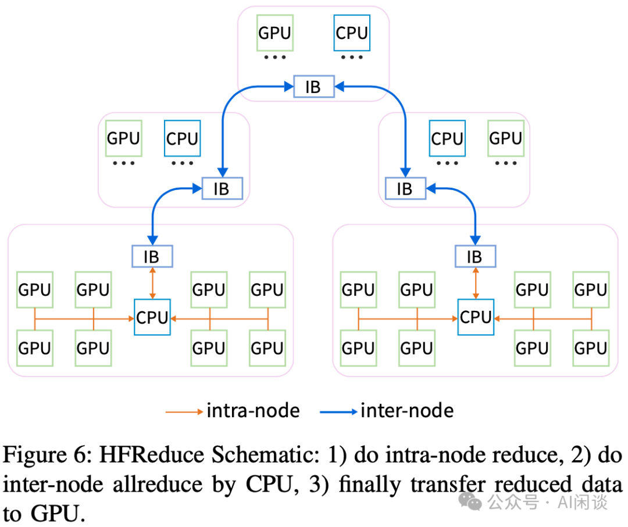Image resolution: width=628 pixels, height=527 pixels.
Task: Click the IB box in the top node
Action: click(313, 87)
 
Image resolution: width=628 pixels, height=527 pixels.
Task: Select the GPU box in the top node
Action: click(274, 33)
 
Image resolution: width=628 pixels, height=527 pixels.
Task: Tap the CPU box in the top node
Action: click(352, 33)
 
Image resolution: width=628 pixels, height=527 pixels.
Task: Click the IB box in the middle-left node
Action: click(222, 188)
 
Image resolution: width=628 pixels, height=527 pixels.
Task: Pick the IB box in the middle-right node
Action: click(404, 188)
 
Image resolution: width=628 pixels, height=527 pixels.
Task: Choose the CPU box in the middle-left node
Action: click(182, 138)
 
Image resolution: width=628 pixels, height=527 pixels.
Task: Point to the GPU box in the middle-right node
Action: click(505, 138)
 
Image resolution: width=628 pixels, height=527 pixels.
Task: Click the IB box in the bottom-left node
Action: click(151, 256)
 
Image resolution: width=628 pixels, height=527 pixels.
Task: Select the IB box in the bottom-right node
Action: click(474, 256)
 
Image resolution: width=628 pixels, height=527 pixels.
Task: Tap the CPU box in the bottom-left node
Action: click(152, 317)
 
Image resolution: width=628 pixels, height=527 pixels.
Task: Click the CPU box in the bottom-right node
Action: click(476, 317)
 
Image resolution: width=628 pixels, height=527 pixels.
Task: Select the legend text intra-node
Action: click(253, 411)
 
